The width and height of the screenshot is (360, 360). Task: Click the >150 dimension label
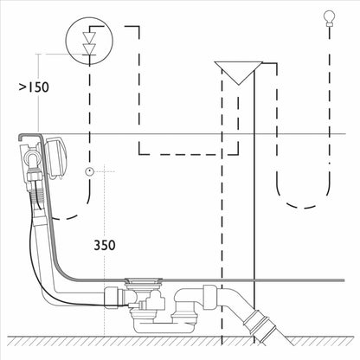34,87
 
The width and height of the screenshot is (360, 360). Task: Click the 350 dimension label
105,245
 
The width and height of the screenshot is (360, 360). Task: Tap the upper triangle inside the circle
89,37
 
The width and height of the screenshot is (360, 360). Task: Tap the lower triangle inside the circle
89,48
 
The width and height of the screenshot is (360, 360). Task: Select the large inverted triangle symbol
239,72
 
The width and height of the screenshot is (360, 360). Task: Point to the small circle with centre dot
90,171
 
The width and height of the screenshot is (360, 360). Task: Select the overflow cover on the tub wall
55,157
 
